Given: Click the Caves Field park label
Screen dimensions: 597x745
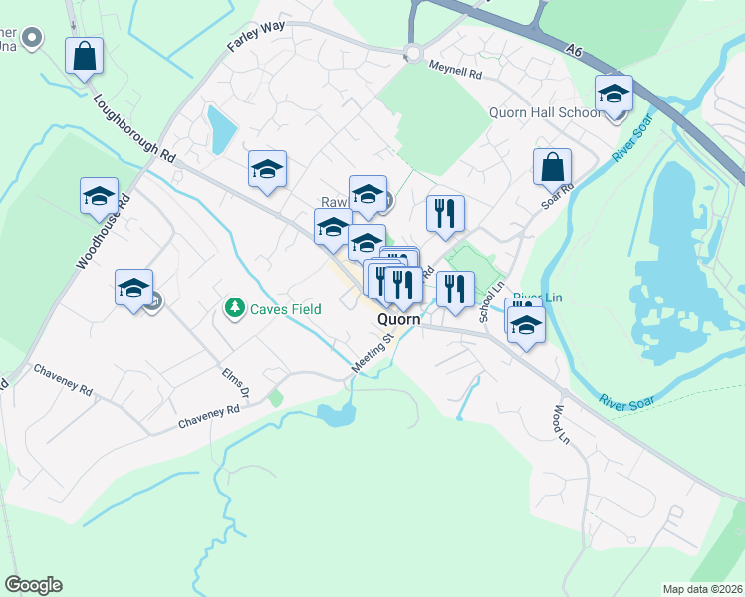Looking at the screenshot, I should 285,309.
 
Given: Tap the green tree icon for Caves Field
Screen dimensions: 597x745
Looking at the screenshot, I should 235,308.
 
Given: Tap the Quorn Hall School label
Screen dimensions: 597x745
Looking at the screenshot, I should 544,112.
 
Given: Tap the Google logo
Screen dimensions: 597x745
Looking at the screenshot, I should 33,585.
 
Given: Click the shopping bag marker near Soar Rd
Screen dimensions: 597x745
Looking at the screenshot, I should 551,166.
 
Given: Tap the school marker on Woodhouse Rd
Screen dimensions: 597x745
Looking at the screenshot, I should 99,197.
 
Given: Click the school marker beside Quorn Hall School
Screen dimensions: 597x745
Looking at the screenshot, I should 614,94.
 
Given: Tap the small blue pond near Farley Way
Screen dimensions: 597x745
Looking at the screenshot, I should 220,125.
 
